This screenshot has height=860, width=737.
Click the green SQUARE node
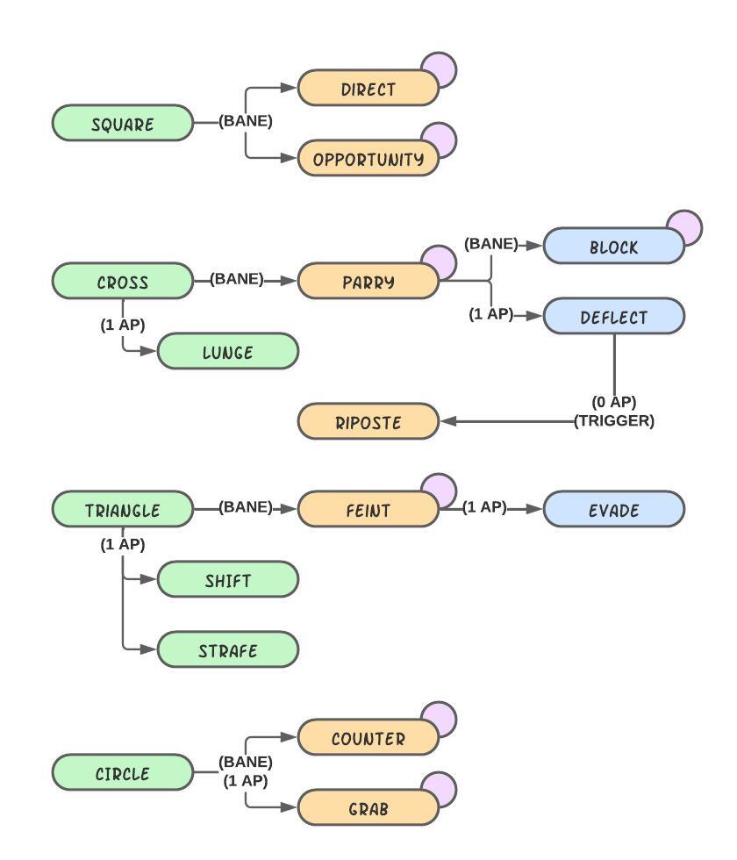tap(122, 124)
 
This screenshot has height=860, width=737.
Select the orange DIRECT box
tap(368, 89)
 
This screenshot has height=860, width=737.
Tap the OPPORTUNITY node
tap(368, 159)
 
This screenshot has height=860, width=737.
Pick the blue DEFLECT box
tap(613, 317)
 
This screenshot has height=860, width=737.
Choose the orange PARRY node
tap(368, 282)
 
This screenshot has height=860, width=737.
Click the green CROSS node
tap(122, 282)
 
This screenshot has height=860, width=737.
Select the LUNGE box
tap(227, 352)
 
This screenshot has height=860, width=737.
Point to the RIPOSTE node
tap(368, 422)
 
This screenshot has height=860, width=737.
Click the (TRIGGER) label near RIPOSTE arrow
tap(614, 421)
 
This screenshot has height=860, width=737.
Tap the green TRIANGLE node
tap(122, 510)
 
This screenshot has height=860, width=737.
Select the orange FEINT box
tap(368, 510)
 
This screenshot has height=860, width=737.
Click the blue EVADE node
tap(613, 510)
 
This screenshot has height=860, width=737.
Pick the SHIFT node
tap(227, 580)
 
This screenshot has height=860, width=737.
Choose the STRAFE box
tap(227, 650)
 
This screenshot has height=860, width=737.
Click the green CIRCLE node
tap(122, 773)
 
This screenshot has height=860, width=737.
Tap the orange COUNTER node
tap(368, 738)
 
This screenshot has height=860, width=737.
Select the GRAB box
tap(368, 808)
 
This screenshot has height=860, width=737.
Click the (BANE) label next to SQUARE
tap(246, 122)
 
